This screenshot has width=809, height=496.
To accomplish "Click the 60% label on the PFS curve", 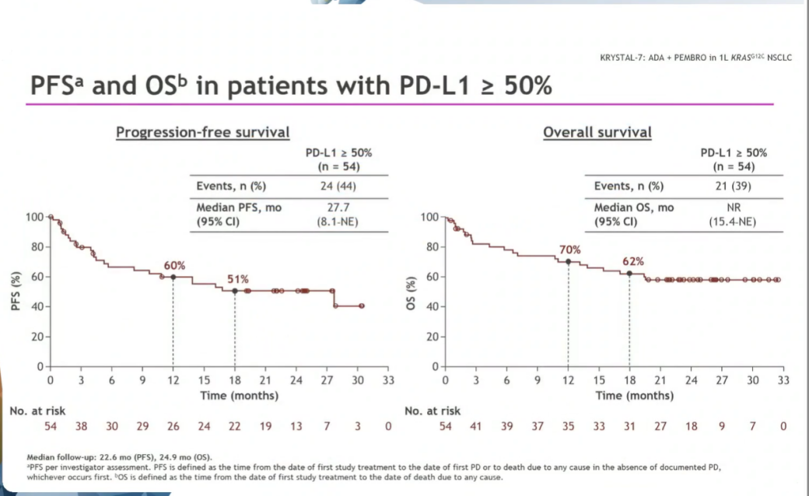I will [x=174, y=266].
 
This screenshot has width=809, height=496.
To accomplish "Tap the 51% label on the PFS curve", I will [x=237, y=279].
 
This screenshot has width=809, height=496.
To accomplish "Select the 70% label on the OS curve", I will [x=570, y=250].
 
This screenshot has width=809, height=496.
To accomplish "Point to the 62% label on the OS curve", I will [x=632, y=261].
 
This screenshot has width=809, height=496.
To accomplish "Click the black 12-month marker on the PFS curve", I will [x=173, y=277].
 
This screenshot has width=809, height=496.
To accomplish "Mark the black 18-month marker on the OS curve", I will [x=629, y=273].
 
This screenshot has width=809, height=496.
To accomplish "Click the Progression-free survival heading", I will [x=202, y=132].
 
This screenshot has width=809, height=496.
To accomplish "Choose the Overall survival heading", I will [x=597, y=132].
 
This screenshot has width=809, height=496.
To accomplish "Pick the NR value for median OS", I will [x=733, y=208].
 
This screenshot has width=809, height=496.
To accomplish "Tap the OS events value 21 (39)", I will [x=733, y=186].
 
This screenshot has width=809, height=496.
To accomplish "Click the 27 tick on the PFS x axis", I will [x=327, y=381].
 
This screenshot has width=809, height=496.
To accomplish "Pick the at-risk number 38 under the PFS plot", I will [x=81, y=426].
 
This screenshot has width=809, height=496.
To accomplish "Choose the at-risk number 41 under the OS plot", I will [x=476, y=426].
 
